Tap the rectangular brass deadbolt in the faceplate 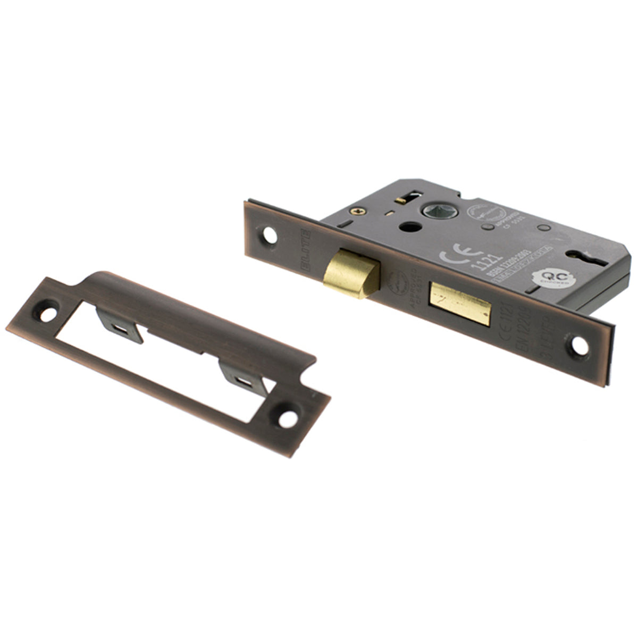(460, 304)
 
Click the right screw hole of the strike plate (288, 418)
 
